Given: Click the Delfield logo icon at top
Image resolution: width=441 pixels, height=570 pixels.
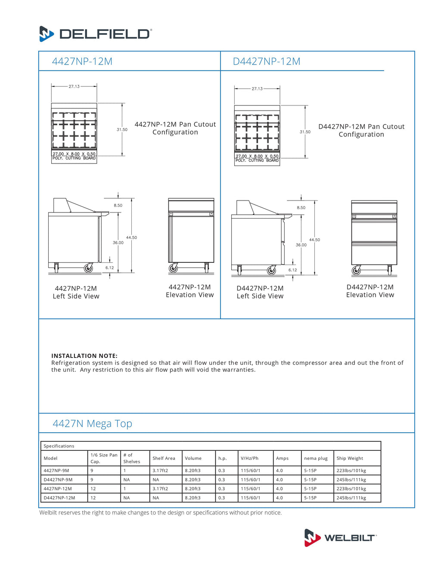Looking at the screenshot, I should [x=47, y=34].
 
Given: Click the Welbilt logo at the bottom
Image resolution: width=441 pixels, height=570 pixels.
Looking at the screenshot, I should [x=340, y=537].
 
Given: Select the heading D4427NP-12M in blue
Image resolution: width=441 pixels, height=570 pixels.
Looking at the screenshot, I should [x=267, y=62].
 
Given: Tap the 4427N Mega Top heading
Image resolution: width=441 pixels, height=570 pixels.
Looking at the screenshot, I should [x=92, y=424].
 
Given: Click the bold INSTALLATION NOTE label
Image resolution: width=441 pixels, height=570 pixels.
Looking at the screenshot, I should [x=84, y=356].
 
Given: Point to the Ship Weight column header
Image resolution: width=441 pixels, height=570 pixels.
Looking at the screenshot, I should [x=350, y=458].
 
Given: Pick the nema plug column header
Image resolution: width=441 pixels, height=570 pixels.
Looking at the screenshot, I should [x=316, y=458].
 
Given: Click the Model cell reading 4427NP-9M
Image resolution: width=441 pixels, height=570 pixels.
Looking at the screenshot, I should [x=56, y=471].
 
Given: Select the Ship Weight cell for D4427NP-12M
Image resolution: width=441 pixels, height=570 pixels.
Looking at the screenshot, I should [x=351, y=498].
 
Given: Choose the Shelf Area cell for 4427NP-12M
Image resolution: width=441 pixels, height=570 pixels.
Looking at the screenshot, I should [x=160, y=489].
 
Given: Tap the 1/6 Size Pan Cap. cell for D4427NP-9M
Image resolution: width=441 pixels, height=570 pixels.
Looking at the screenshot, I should [x=92, y=480].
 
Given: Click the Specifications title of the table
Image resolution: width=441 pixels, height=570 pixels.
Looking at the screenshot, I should [x=59, y=446].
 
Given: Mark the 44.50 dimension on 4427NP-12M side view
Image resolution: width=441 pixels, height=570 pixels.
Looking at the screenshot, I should [x=131, y=237].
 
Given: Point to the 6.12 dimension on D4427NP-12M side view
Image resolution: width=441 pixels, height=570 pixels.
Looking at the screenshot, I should [x=293, y=270].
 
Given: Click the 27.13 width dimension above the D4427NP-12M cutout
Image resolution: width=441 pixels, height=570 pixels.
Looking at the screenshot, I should [x=257, y=89].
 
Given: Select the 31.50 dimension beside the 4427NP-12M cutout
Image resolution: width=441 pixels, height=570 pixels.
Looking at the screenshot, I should [x=122, y=129].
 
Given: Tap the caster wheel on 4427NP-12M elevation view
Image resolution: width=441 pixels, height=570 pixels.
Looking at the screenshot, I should [x=173, y=269].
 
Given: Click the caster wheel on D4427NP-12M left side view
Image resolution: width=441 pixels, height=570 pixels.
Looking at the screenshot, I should [x=272, y=270].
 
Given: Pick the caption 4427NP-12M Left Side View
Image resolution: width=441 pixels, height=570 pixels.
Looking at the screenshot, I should [x=76, y=292].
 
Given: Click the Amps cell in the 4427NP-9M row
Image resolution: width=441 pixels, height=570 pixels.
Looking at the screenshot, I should [x=280, y=471].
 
